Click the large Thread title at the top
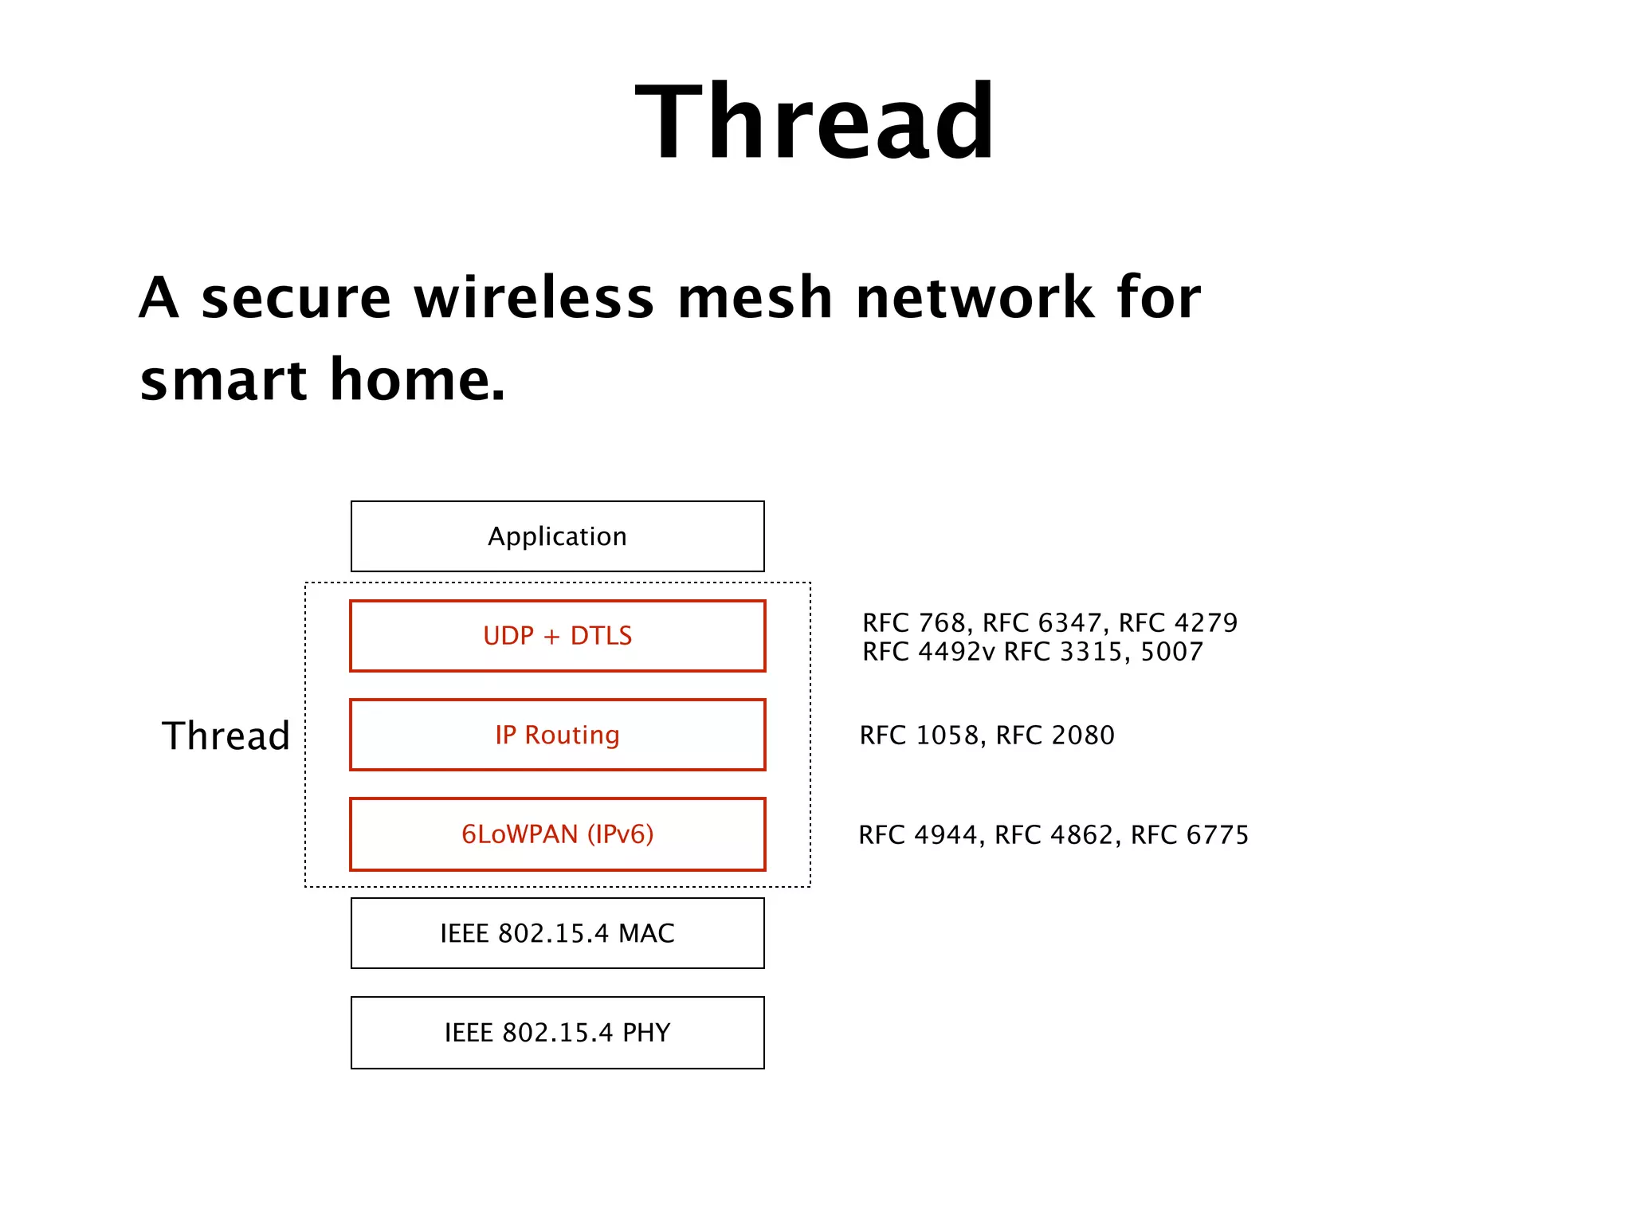point(815,124)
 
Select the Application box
point(558,536)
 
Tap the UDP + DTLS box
point(558,636)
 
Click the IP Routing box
point(558,735)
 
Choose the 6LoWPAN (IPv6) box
point(558,834)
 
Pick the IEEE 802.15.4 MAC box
point(558,933)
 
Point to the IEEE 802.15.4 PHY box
point(558,1033)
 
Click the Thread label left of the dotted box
point(226,736)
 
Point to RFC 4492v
point(928,652)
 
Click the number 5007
point(1171,652)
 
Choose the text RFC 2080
point(1055,736)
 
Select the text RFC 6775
point(1190,835)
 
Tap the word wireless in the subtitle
point(534,298)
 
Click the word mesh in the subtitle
point(755,298)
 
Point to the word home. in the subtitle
point(418,380)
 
